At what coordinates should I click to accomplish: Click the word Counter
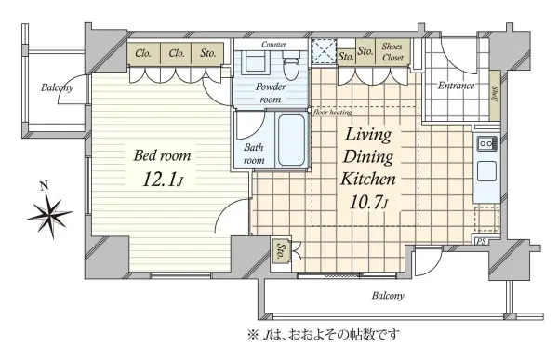(x=273, y=44)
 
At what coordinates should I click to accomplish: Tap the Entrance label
(x=457, y=87)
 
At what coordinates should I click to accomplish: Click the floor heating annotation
(x=332, y=113)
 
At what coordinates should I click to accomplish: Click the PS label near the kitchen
(x=481, y=242)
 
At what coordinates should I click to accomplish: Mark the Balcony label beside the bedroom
(x=57, y=89)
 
